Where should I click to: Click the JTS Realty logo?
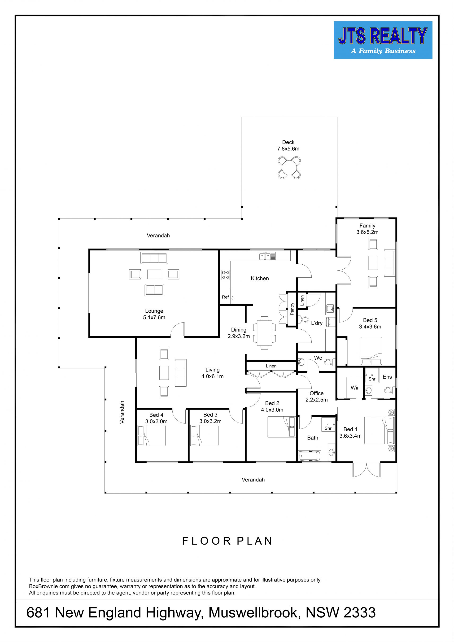coord(383,40)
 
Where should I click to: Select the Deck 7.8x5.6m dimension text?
coord(288,149)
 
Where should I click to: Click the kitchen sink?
coord(267,256)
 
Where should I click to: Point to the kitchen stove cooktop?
coord(225,275)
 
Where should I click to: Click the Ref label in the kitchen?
coord(225,297)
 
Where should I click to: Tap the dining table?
coord(264,332)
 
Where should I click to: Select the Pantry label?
coord(292,309)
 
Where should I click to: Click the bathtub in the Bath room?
coord(310,456)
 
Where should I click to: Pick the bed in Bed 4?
coord(151,436)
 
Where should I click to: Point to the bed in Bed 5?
coord(371,351)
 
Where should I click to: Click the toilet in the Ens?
coord(389,390)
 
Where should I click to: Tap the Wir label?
coord(354,388)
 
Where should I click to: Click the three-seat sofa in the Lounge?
coord(154,258)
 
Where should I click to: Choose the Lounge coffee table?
coord(154,274)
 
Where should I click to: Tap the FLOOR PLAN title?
coord(227,541)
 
